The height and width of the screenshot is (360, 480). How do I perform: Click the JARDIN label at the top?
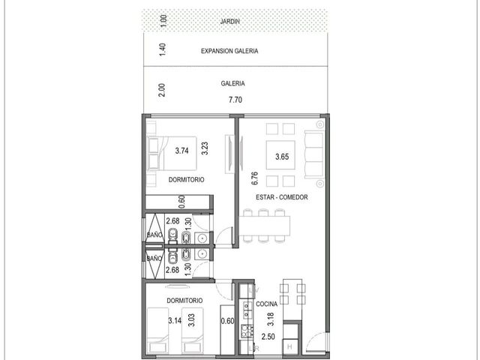(x=230, y=22)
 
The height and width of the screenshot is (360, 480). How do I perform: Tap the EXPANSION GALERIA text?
(x=229, y=51)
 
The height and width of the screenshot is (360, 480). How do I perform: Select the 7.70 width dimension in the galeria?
(x=235, y=100)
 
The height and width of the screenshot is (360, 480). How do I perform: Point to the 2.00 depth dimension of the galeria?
(x=162, y=90)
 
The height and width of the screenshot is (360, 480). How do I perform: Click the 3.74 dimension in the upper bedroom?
(x=181, y=151)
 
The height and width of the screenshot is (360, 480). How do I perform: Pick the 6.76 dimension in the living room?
(x=254, y=178)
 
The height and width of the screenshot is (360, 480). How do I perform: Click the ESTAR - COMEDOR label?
(x=282, y=197)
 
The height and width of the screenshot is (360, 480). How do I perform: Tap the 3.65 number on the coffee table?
(x=282, y=157)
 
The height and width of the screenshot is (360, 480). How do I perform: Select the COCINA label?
(x=267, y=304)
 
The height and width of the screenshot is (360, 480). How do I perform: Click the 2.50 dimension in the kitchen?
(x=268, y=337)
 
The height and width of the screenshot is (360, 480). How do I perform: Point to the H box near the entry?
(x=290, y=346)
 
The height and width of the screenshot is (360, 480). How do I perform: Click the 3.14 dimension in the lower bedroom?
(x=175, y=321)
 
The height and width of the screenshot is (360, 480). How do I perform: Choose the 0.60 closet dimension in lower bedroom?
(x=227, y=321)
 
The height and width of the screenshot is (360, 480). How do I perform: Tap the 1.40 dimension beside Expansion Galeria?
(x=163, y=49)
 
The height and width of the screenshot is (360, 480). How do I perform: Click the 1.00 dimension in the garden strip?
(x=163, y=21)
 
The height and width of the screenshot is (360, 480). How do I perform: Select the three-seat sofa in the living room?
(x=314, y=154)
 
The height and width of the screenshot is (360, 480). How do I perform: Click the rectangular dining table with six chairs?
(x=265, y=226)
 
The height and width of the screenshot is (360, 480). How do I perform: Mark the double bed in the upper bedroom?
(x=172, y=153)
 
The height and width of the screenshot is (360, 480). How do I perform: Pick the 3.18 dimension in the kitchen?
(x=271, y=319)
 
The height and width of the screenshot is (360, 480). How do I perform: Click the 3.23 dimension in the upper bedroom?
(x=205, y=148)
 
